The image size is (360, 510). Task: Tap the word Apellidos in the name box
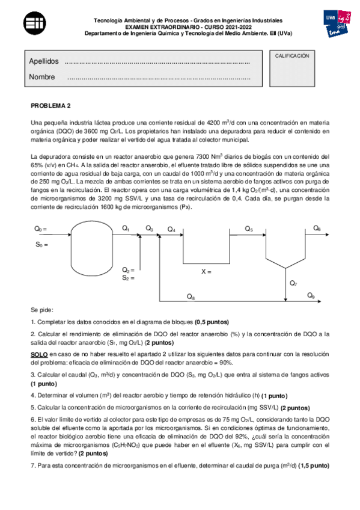44,62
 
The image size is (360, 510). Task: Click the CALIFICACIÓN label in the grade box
292,55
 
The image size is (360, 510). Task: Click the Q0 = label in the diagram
40,229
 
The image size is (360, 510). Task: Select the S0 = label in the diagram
40,244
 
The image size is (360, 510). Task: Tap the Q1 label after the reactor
126,228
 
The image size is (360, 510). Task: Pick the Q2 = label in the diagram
127,270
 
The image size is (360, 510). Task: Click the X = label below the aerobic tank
206,272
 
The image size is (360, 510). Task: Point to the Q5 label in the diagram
249,229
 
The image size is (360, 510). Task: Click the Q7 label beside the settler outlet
293,283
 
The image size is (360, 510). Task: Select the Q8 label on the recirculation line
191,296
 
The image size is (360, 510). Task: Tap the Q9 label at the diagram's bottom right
311,295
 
